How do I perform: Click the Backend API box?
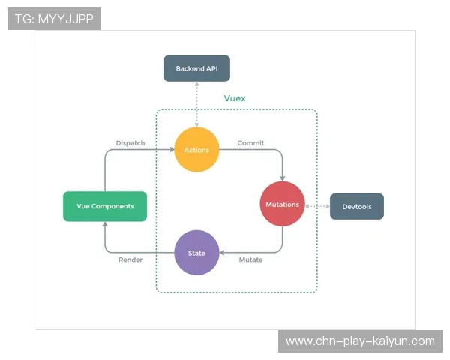coord(196,68)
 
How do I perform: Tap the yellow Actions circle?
coord(196,150)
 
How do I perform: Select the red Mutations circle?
coord(283,204)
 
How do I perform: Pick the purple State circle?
coord(196,253)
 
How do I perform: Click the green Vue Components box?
coord(104,206)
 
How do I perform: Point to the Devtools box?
coord(356,206)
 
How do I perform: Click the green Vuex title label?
coord(235,98)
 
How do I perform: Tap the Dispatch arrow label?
coord(130,142)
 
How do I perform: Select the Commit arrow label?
coord(250,142)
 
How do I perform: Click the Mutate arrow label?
coord(250,259)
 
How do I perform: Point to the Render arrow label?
coord(130,259)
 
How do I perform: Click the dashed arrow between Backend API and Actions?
coord(196,104)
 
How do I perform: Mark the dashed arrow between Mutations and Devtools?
coord(317,205)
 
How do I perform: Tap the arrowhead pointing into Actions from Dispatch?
coord(171,150)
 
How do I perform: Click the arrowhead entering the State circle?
coord(222,253)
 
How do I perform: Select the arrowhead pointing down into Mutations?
coord(283,178)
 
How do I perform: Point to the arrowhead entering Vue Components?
coord(104,224)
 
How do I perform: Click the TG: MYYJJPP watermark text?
coord(54,19)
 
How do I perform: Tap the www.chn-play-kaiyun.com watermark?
coord(360,341)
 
